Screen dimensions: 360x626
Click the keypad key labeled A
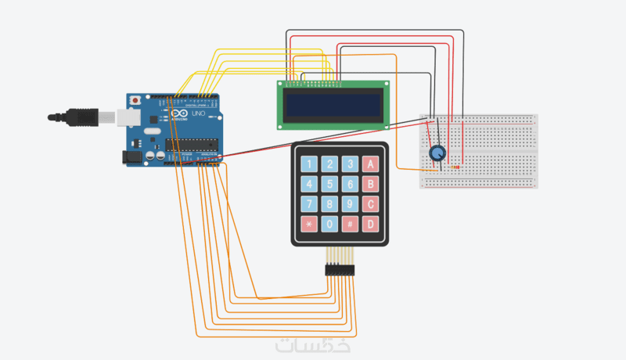pyautogui.click(x=372, y=164)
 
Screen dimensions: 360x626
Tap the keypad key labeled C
pyautogui.click(x=372, y=205)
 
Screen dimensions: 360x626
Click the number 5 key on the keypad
pyautogui.click(x=331, y=185)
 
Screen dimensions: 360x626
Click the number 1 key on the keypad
pyautogui.click(x=311, y=164)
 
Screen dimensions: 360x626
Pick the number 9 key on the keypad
pyautogui.click(x=351, y=205)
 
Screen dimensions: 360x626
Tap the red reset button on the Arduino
pyautogui.click(x=136, y=101)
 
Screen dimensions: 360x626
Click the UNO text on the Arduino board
pyautogui.click(x=198, y=114)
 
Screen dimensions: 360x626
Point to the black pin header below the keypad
pyautogui.click(x=340, y=270)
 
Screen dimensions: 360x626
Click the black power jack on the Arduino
pyautogui.click(x=133, y=157)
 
